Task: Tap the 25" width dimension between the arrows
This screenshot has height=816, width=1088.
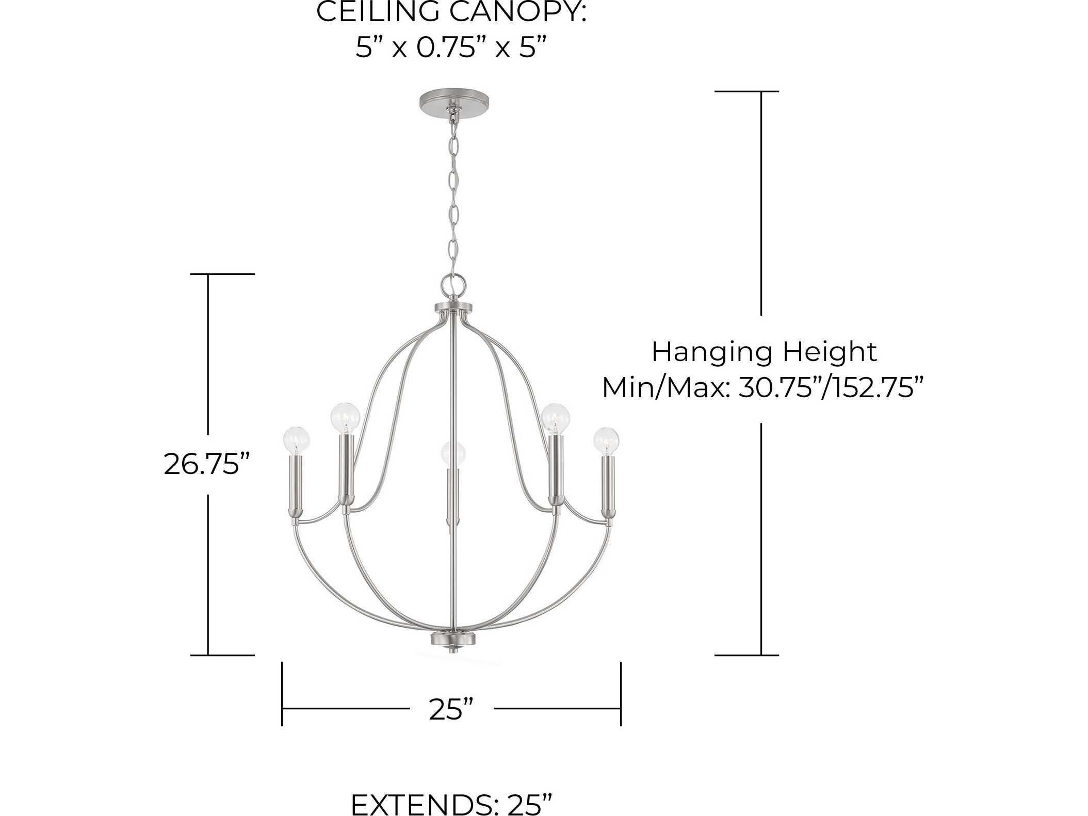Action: (451, 710)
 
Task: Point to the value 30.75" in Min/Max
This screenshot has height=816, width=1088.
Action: (778, 387)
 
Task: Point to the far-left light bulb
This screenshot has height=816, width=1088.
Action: (297, 440)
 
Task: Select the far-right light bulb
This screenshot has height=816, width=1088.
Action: (606, 440)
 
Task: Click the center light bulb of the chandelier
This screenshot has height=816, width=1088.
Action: (453, 454)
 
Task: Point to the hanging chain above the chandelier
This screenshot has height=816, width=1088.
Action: (453, 196)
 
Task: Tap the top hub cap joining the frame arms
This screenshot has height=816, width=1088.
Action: (452, 308)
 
